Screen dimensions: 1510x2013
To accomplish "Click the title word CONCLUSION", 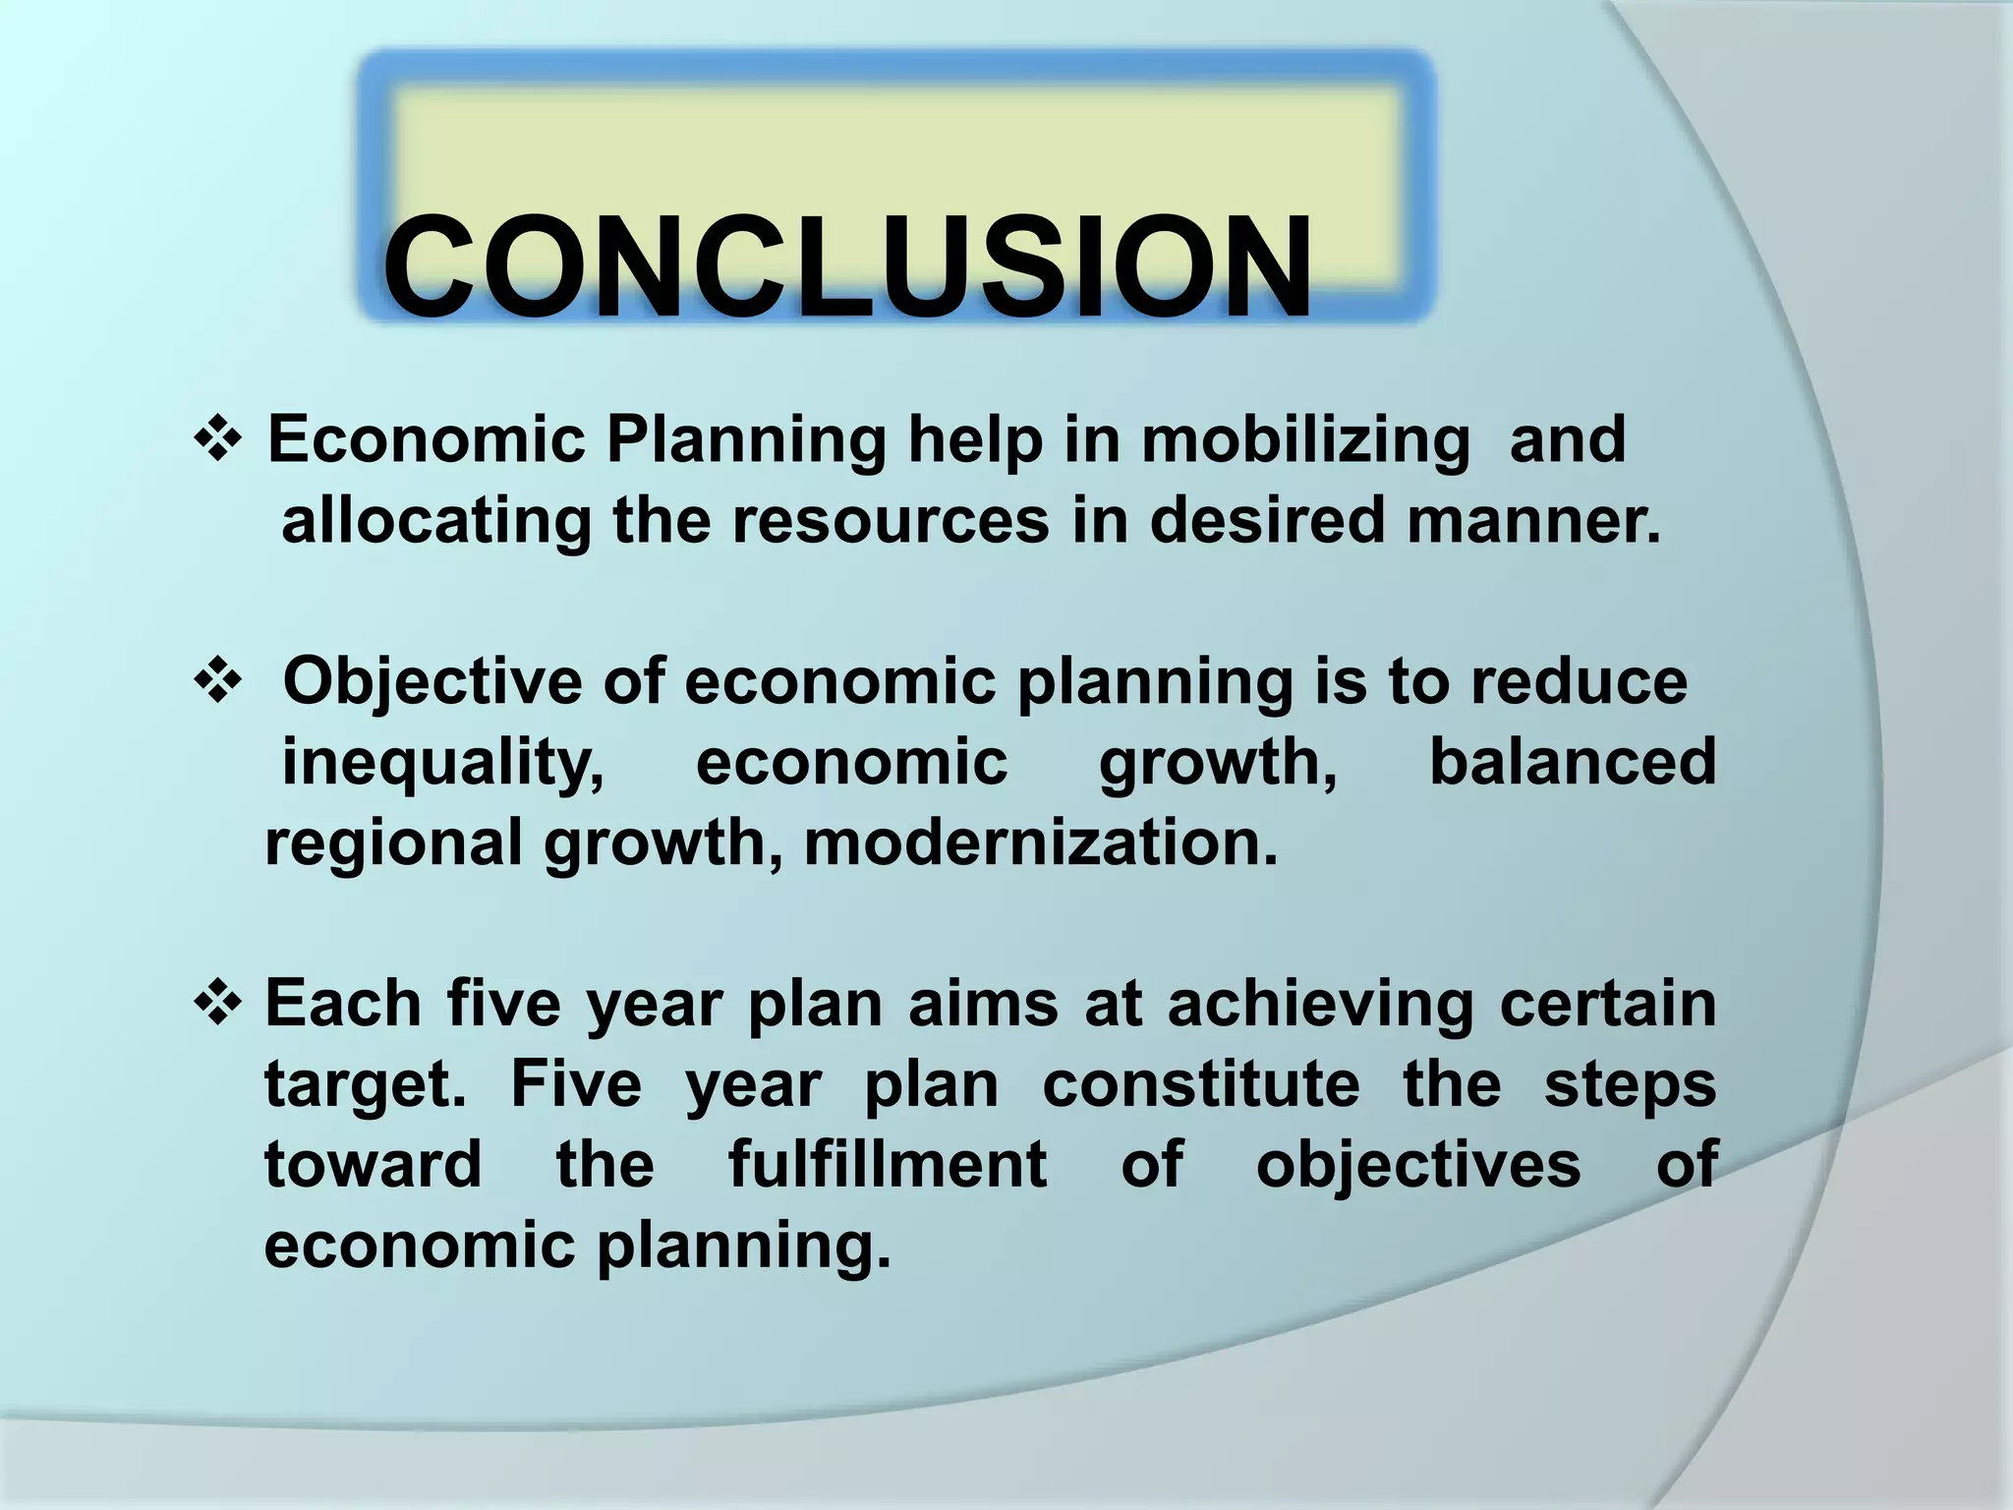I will click(x=847, y=267).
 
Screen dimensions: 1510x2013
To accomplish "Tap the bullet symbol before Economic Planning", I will click(x=218, y=438).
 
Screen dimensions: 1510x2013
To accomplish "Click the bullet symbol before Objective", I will click(x=218, y=681).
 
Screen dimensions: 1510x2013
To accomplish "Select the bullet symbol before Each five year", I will click(x=218, y=1004).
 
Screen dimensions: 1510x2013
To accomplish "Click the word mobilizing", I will click(x=1305, y=440).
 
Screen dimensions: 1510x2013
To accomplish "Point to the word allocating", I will click(x=436, y=520).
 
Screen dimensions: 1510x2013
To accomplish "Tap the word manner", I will click(x=1533, y=520).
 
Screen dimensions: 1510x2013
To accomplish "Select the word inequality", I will click(x=443, y=764).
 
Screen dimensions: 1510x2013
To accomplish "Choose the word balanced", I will click(x=1573, y=762).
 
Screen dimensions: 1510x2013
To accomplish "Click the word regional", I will click(x=394, y=844).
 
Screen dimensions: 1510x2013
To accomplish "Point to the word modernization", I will click(x=1041, y=843).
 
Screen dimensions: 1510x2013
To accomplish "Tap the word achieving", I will click(x=1321, y=1006).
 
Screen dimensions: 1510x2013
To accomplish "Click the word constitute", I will click(x=1201, y=1084).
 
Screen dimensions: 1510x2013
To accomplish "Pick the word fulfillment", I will click(x=888, y=1165).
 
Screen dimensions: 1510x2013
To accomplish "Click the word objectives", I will click(x=1418, y=1167).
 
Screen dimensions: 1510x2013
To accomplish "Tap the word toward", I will click(x=374, y=1165).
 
